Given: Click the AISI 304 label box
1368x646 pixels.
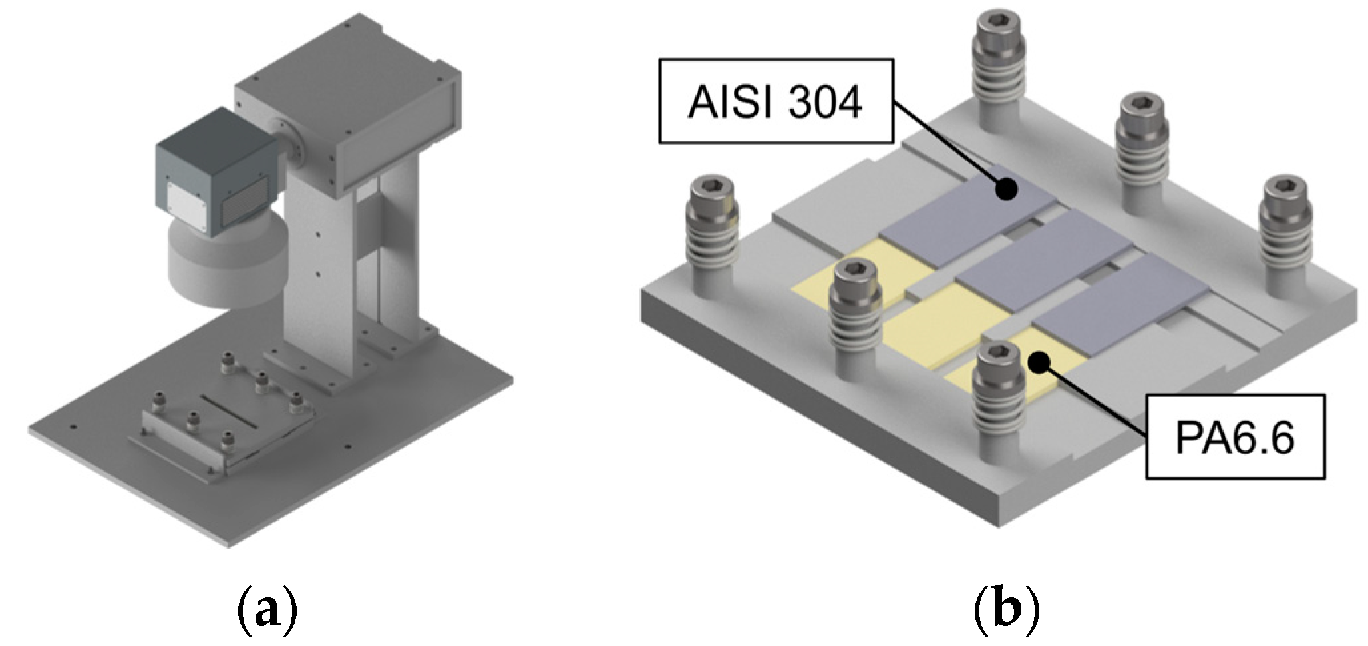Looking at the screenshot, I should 775,101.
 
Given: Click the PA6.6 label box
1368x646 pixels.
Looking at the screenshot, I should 1235,437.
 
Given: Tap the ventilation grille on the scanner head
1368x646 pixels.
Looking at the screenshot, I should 248,206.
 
